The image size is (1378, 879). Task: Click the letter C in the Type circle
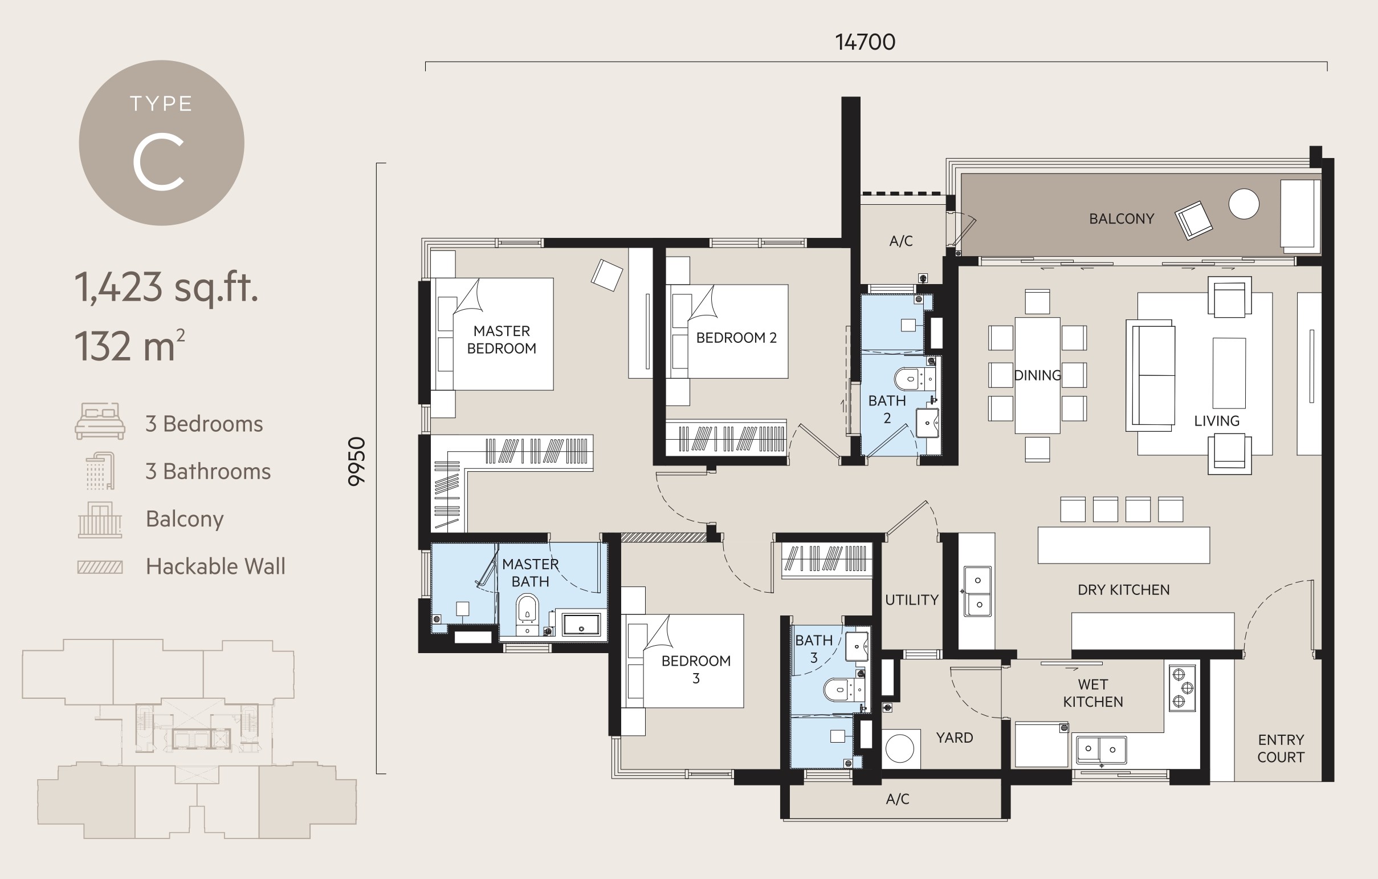click(158, 162)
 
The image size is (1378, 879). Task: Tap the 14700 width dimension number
click(865, 42)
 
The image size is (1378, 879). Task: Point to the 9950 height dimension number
click(357, 461)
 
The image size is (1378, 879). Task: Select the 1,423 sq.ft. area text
click(166, 287)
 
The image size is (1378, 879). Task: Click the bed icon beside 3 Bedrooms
click(100, 421)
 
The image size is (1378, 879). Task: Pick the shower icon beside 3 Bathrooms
click(100, 471)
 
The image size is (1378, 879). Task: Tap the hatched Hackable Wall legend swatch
click(100, 567)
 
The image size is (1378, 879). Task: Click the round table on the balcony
click(1244, 204)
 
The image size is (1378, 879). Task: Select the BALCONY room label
click(1121, 218)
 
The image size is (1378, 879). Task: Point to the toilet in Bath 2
click(908, 379)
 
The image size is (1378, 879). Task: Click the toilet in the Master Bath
click(527, 609)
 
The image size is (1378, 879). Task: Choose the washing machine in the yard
click(900, 748)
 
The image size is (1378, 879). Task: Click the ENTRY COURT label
click(1281, 748)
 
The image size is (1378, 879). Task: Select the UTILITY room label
click(912, 600)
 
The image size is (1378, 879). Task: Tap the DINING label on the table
click(1037, 376)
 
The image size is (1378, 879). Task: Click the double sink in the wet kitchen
click(1101, 750)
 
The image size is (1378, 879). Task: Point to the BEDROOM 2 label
click(736, 338)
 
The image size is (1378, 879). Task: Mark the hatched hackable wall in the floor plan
click(663, 537)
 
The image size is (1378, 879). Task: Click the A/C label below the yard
click(898, 799)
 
